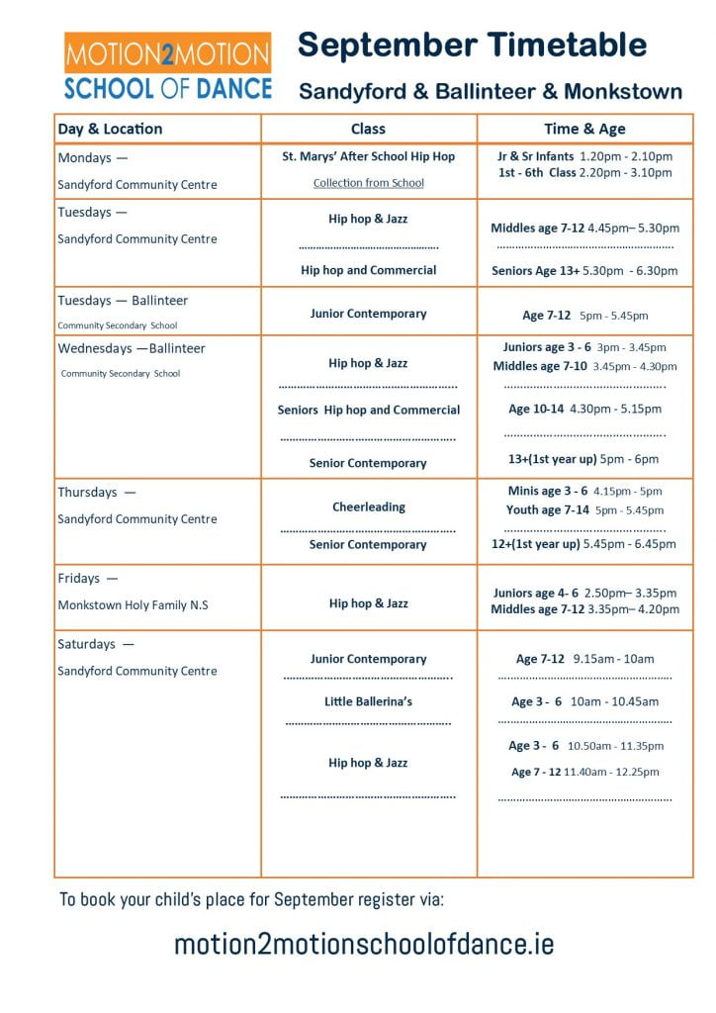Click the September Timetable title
tap(473, 45)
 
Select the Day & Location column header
tap(110, 129)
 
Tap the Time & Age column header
tap(584, 129)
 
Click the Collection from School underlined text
tap(368, 183)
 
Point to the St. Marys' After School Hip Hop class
tap(368, 156)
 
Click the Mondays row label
tap(93, 157)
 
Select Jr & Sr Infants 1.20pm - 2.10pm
tap(584, 156)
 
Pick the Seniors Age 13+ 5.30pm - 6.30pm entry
tap(584, 270)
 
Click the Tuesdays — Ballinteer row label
tap(123, 301)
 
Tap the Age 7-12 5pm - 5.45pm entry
tap(584, 316)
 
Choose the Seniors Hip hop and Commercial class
tap(368, 410)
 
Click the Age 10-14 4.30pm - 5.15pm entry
tap(584, 409)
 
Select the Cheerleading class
tap(368, 506)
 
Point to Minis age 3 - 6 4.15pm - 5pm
tap(584, 491)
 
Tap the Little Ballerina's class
tap(368, 701)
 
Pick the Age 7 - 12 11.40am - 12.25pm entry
tap(584, 772)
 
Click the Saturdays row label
tap(97, 644)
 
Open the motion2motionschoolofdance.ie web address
tap(364, 944)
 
